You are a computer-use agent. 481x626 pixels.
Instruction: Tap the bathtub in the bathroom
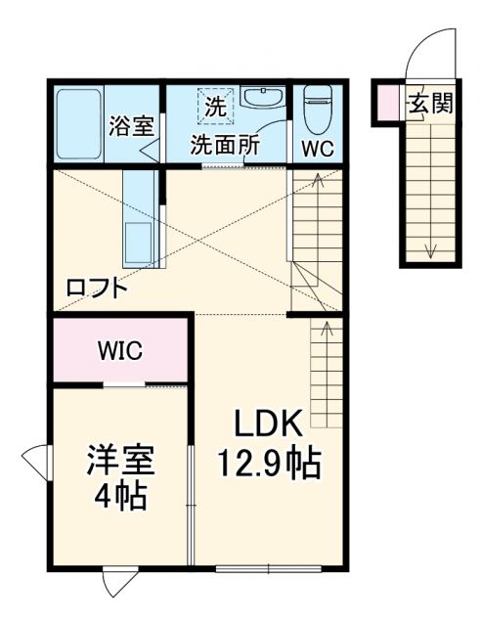pos(78,124)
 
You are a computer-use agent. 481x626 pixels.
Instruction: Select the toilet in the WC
pos(317,113)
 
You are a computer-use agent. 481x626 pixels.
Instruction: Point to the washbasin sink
pos(261,98)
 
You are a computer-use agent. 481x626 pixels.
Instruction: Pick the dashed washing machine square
pos(212,105)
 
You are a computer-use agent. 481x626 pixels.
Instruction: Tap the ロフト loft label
pos(96,288)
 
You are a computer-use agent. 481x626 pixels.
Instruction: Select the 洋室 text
pos(120,460)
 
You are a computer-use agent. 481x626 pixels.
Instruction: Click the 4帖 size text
pos(120,496)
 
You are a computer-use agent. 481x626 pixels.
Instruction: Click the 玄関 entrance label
pos(430,103)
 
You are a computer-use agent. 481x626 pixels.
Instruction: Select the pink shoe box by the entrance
pos(388,102)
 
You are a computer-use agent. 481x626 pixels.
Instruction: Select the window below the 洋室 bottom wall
pos(116,582)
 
